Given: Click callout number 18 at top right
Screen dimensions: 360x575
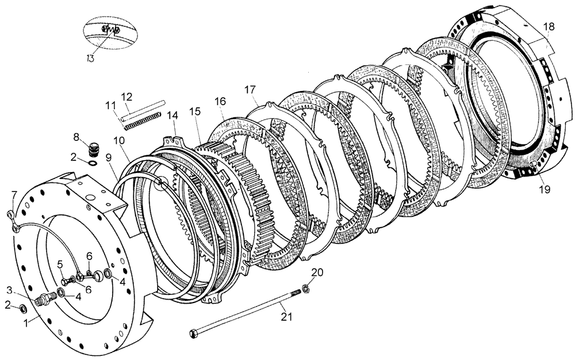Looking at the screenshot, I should [549, 26].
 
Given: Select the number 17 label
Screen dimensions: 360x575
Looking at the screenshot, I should [249, 90].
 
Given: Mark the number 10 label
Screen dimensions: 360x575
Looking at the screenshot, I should [118, 140].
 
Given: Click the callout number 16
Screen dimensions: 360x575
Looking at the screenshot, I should [220, 101].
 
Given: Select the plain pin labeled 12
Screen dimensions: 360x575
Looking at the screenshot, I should [144, 108].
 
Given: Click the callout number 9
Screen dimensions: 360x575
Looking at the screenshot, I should [109, 155].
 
